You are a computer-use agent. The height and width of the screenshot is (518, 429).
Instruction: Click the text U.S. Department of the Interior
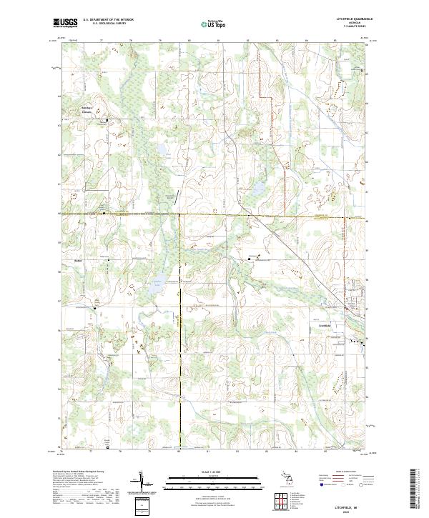108,20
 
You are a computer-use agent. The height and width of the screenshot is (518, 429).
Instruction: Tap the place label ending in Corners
86,111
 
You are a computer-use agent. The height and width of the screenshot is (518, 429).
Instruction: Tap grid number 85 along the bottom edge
325,451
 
